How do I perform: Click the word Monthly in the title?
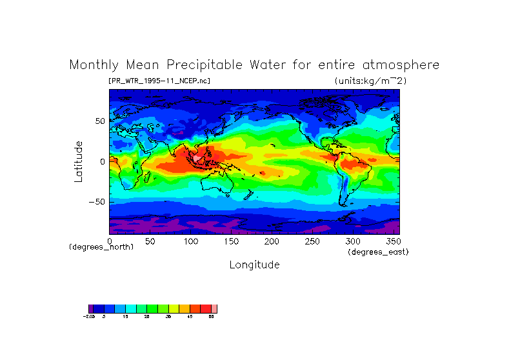click(94, 66)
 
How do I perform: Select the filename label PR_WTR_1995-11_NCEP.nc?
click(159, 81)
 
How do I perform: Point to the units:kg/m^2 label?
click(370, 81)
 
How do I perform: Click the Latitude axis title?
click(78, 161)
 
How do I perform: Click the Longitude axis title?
click(254, 265)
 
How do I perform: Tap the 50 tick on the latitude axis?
click(99, 121)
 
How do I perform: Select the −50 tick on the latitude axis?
click(97, 202)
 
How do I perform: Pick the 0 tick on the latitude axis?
click(102, 161)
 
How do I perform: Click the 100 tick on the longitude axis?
click(191, 241)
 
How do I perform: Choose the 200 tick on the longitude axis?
click(272, 241)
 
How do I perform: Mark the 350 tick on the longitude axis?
click(392, 241)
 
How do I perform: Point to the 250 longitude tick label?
click(312, 241)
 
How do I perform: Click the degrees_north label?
click(101, 247)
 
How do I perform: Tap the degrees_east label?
click(377, 252)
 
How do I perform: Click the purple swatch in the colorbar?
click(91, 309)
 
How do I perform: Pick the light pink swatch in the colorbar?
click(214, 309)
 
